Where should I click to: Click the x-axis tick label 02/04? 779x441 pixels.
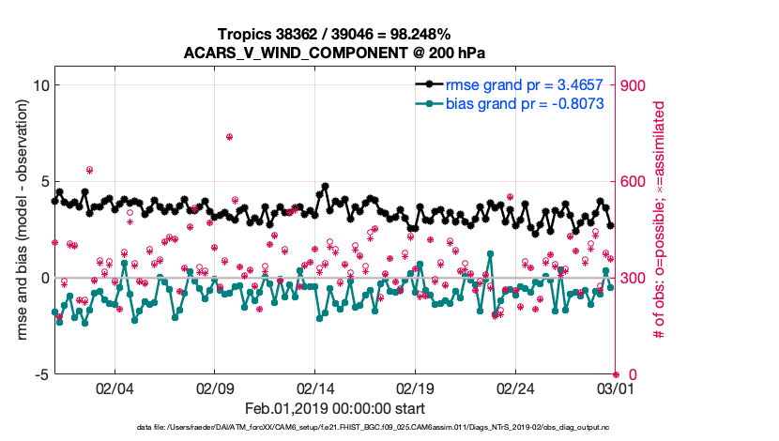(115, 388)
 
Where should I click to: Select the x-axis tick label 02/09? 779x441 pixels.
(215, 388)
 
